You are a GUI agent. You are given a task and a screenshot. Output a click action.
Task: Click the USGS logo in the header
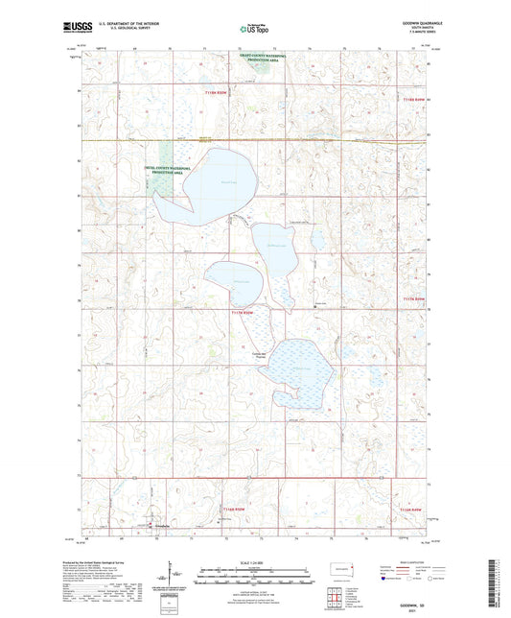click(x=75, y=28)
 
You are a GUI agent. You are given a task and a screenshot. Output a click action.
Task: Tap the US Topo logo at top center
click(x=252, y=29)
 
